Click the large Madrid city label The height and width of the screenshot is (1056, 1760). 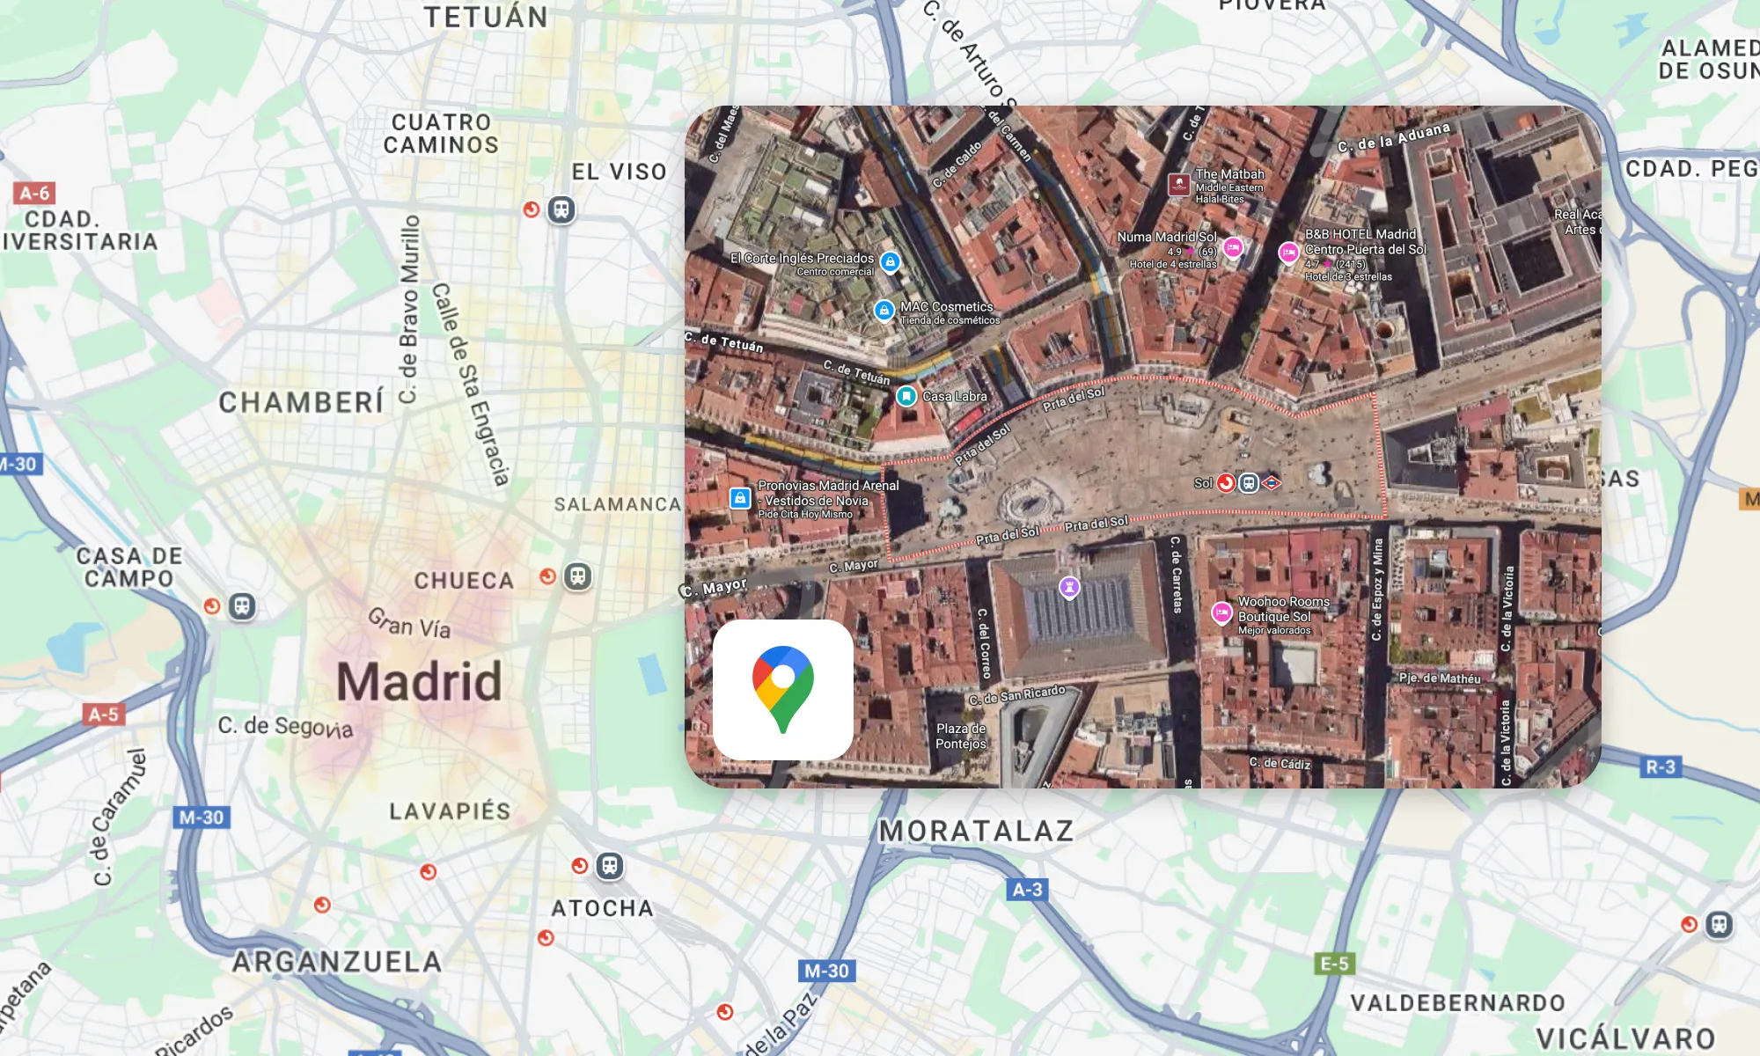tap(419, 682)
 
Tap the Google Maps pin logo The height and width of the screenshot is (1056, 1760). tap(782, 689)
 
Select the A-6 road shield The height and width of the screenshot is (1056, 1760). tap(34, 193)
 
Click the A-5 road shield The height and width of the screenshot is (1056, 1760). tap(103, 714)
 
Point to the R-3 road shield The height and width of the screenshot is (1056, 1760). tap(1661, 766)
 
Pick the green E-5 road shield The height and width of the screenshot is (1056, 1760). tap(1334, 964)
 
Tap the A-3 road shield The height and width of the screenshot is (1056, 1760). tap(1027, 890)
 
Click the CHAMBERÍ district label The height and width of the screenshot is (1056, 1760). tap(301, 402)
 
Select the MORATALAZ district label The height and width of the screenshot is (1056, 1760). tap(976, 831)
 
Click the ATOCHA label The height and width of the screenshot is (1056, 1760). tap(603, 908)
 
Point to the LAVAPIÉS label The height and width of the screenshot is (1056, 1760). tap(450, 810)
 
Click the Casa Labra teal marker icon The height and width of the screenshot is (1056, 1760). tap(906, 396)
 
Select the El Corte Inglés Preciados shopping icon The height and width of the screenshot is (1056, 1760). tap(891, 261)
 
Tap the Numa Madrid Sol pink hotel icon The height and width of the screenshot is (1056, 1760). tap(1233, 247)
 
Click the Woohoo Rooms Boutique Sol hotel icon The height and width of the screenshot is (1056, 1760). tap(1221, 612)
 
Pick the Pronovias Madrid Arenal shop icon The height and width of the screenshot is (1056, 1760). tap(740, 498)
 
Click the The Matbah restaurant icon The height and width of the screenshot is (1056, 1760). tap(1179, 185)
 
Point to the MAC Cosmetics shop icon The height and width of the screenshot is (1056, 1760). tap(884, 310)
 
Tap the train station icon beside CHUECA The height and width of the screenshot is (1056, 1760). tap(577, 576)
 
